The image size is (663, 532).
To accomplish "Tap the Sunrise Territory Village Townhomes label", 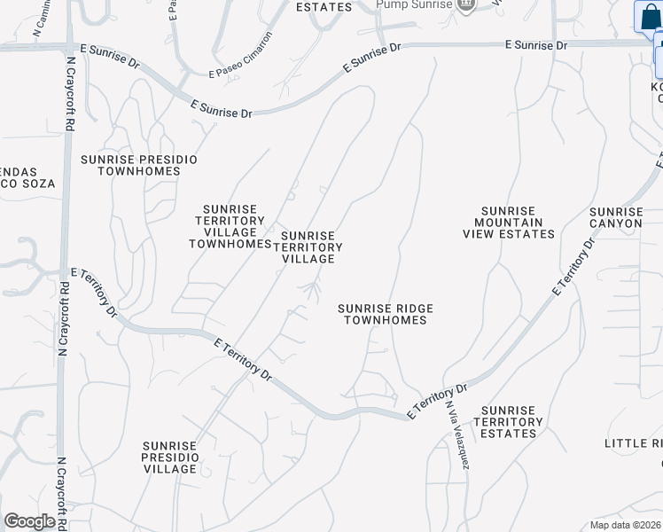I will click(x=230, y=226).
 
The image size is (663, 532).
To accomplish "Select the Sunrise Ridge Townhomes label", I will click(x=386, y=314).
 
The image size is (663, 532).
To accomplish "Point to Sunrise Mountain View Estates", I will click(x=508, y=223).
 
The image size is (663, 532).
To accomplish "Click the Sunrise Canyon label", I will click(x=616, y=217).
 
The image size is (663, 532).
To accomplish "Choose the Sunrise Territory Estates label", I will click(x=509, y=422).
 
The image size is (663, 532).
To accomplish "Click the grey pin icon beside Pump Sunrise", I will click(x=467, y=5).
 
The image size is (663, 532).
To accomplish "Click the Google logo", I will click(x=30, y=521).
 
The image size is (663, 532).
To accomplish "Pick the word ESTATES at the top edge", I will click(x=324, y=7).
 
